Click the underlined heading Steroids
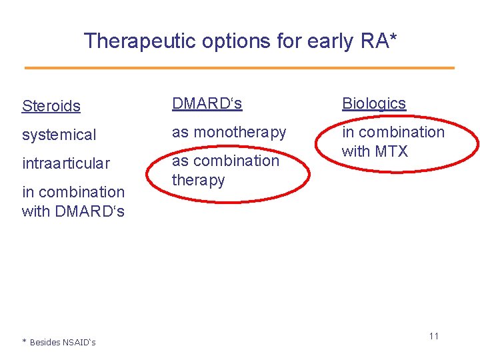pyautogui.click(x=51, y=106)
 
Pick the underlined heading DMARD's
pyautogui.click(x=207, y=103)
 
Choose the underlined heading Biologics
pyautogui.click(x=374, y=103)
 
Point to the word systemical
pyautogui.click(x=59, y=135)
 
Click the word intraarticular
pyautogui.click(x=66, y=163)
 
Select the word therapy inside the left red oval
pyautogui.click(x=199, y=180)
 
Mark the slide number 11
pyautogui.click(x=433, y=336)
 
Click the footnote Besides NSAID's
pyautogui.click(x=62, y=342)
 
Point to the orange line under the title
pyautogui.click(x=239, y=67)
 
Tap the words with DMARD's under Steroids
pyautogui.click(x=73, y=211)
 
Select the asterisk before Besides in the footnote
pyautogui.click(x=24, y=342)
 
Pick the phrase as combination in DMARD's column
pyautogui.click(x=225, y=161)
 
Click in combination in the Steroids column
pyautogui.click(x=73, y=192)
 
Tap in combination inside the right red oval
pyautogui.click(x=393, y=132)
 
